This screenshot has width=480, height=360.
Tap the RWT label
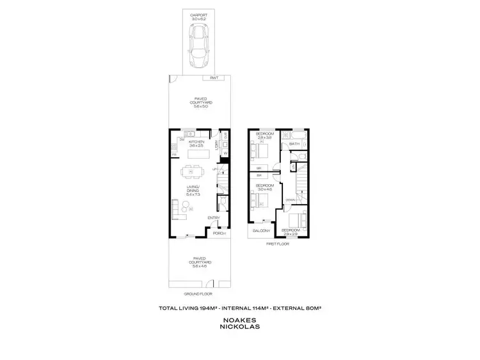(x=214, y=78)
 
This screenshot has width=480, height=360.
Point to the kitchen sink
(x=191, y=134)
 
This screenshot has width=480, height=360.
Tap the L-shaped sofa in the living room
(x=176, y=208)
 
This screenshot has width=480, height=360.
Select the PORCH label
(x=219, y=234)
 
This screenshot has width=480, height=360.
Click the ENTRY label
(x=213, y=218)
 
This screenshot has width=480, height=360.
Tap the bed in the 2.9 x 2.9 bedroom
(x=296, y=217)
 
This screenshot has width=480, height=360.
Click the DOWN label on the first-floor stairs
(x=289, y=200)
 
